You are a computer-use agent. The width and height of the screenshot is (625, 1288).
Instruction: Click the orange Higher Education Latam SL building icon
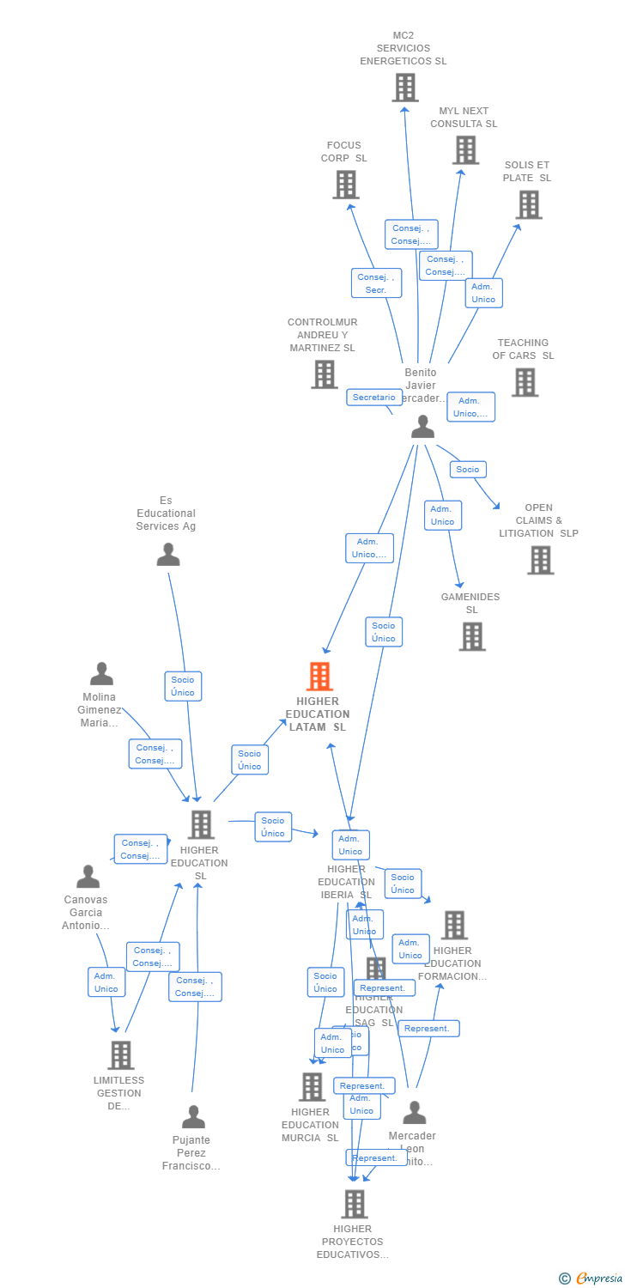[319, 677]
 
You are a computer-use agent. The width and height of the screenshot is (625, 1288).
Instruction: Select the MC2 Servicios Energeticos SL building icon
[405, 88]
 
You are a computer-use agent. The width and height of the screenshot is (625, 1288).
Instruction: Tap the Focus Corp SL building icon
[345, 185]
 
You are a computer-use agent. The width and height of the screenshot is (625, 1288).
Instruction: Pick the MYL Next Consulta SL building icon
[465, 150]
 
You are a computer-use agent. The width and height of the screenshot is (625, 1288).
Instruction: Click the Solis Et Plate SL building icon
[529, 204]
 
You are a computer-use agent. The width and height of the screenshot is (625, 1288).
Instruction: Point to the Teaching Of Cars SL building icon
[525, 382]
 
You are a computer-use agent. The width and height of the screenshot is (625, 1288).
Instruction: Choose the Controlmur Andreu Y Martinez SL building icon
[324, 374]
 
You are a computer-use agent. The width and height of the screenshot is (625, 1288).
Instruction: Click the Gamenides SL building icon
[471, 636]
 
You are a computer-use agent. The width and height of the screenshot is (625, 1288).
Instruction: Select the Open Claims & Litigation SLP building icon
[540, 560]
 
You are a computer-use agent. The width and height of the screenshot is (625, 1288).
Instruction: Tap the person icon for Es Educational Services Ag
[168, 555]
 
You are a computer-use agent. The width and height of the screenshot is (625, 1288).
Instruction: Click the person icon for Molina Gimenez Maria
[101, 674]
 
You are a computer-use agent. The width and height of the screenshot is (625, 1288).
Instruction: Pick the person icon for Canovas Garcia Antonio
[88, 877]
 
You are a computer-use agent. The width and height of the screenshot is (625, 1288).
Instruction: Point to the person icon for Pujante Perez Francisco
[193, 1117]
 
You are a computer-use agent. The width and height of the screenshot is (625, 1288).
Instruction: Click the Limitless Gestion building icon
[120, 1055]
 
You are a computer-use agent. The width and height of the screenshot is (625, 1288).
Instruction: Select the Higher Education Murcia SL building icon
[312, 1087]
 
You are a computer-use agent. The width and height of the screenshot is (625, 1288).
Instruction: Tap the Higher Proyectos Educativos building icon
[354, 1204]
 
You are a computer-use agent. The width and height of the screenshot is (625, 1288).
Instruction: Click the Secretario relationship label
[373, 398]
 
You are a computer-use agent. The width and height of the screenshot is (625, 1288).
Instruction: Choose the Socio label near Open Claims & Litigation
[468, 470]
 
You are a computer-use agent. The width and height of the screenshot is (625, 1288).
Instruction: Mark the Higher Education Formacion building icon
[454, 925]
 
